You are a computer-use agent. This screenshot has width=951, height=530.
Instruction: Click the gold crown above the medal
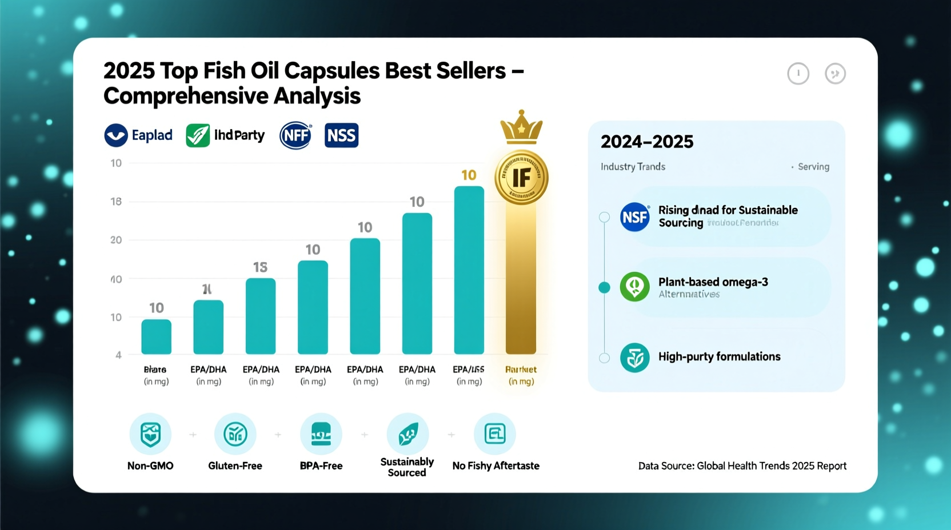click(x=521, y=127)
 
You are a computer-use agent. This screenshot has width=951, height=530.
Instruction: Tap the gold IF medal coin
click(x=521, y=178)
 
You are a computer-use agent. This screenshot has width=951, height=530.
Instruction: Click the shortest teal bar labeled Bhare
click(x=156, y=336)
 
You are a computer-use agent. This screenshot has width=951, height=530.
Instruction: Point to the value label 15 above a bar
click(x=260, y=267)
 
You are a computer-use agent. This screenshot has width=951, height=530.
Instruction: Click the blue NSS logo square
click(x=341, y=135)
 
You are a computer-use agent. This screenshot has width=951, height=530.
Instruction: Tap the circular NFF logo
click(x=295, y=136)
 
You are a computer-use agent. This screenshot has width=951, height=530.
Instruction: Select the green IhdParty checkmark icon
click(x=198, y=135)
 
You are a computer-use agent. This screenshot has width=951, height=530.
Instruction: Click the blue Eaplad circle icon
click(x=116, y=135)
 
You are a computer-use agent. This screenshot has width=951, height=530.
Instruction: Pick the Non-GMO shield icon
click(x=150, y=434)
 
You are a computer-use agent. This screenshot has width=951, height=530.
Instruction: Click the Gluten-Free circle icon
click(x=235, y=434)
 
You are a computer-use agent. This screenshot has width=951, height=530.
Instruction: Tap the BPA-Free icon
click(x=321, y=434)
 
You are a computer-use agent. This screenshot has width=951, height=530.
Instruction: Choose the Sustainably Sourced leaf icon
click(x=407, y=434)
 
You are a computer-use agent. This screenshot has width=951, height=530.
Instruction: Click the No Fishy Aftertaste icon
click(x=494, y=434)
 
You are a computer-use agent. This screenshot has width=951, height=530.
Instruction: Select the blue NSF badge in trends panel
click(x=634, y=217)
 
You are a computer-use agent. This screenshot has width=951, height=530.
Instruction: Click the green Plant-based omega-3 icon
click(x=634, y=287)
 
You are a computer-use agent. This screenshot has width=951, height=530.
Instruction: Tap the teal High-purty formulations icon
click(x=634, y=358)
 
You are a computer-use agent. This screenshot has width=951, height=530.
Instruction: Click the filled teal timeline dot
click(x=604, y=287)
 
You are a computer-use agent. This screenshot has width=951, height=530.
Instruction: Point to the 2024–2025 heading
click(x=647, y=142)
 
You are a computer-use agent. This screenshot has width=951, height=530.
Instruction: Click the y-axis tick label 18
click(x=116, y=202)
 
